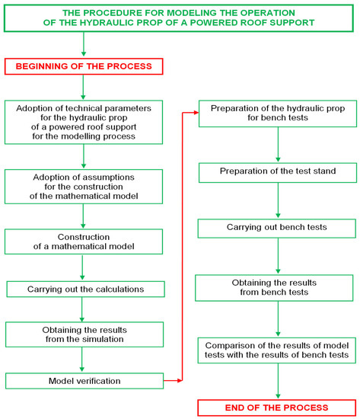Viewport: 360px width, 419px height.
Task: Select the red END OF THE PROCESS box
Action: point(277,407)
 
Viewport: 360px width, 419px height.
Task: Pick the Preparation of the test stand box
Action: point(277,172)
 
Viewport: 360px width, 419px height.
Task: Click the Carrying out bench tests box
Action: point(277,228)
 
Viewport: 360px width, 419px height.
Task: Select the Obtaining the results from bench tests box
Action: point(277,288)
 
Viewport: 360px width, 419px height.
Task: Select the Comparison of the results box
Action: point(277,351)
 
